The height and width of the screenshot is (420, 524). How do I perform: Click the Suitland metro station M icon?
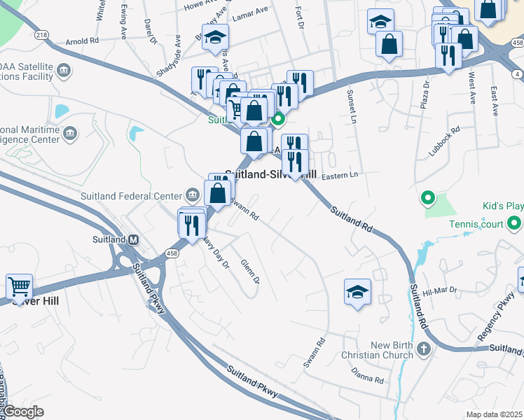tap(133, 239)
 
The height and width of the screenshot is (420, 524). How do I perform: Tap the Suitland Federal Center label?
tap(131, 195)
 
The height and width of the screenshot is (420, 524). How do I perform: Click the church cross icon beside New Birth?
tap(423, 349)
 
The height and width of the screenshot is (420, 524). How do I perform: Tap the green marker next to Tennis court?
tap(515, 224)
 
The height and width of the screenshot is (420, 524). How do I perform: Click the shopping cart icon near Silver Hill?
tap(19, 286)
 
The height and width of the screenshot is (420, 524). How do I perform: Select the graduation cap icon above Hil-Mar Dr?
tap(357, 291)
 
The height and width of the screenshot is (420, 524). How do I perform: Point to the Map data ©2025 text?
tap(494, 414)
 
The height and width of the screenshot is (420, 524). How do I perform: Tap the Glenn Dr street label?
tap(250, 271)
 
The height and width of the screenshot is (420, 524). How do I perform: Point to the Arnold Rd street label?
tap(83, 41)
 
